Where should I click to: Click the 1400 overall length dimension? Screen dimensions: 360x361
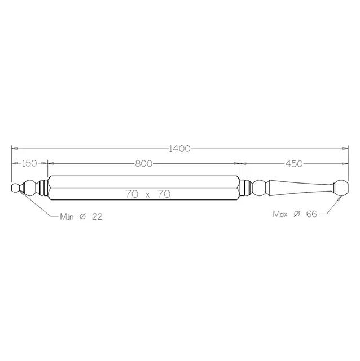point(179,149)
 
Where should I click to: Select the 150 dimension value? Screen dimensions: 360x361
point(29,163)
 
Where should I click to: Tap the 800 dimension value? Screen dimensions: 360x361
point(144,163)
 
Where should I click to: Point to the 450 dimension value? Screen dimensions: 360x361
point(294,164)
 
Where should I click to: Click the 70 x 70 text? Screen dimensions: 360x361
point(148,194)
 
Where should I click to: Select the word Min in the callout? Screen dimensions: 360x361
point(67,216)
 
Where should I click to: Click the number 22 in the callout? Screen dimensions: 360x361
point(97,216)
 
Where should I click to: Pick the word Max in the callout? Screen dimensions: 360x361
point(280,214)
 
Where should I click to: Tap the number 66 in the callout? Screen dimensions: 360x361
point(311,214)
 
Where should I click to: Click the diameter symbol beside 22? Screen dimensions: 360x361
point(83,216)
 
